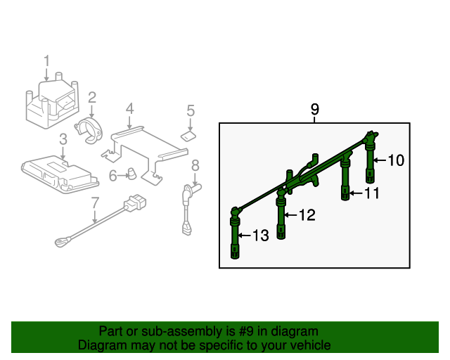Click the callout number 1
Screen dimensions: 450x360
pyautogui.click(x=46, y=61)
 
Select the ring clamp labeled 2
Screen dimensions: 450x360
pyautogui.click(x=89, y=131)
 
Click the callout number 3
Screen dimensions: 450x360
pyautogui.click(x=63, y=139)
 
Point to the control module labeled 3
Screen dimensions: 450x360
pyautogui.click(x=60, y=174)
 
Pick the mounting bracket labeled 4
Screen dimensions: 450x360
pyautogui.click(x=145, y=155)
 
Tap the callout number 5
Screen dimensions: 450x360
pyautogui.click(x=191, y=110)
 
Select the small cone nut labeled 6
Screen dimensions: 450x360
pyautogui.click(x=131, y=174)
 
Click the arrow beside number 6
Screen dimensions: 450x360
pyautogui.click(x=123, y=175)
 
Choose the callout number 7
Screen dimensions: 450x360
pyautogui.click(x=95, y=202)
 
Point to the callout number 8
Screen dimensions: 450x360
pyautogui.click(x=195, y=166)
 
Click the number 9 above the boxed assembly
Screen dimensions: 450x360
pyautogui.click(x=315, y=110)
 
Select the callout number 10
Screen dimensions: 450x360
pyautogui.click(x=396, y=160)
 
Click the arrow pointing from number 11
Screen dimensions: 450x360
pyautogui.click(x=356, y=193)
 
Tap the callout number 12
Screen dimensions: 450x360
pyautogui.click(x=307, y=214)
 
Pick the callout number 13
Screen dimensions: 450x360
pyautogui.click(x=261, y=236)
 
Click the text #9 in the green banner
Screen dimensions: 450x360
pyautogui.click(x=245, y=332)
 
